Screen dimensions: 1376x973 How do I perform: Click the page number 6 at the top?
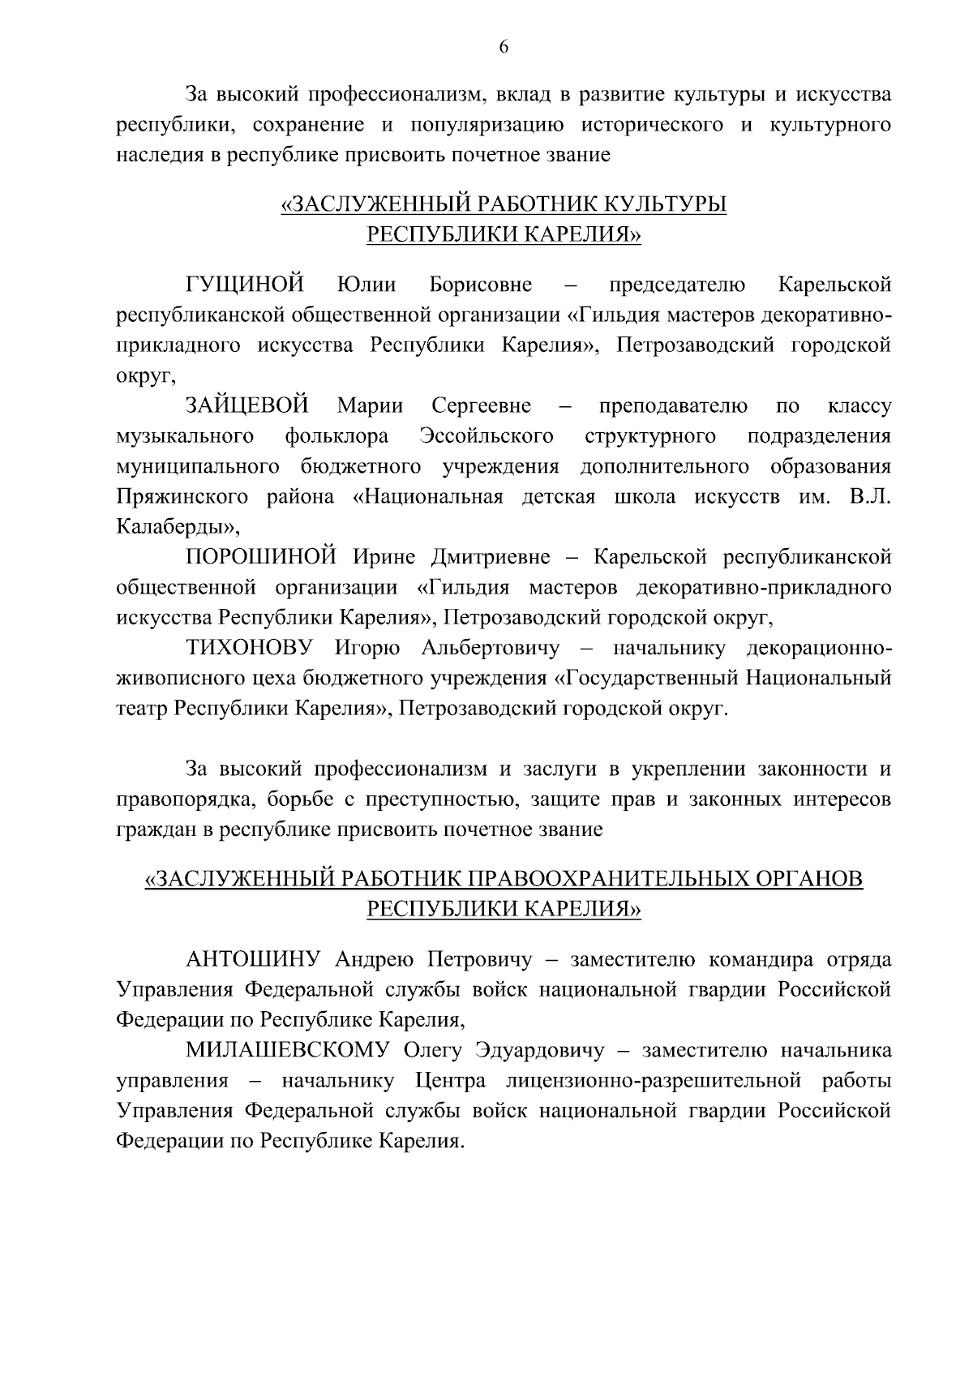[x=503, y=47]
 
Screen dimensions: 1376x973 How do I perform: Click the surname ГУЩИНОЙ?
[x=246, y=285]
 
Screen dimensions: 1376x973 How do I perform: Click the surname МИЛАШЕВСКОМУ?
[x=289, y=1051]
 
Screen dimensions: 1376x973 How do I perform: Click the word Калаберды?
[x=172, y=527]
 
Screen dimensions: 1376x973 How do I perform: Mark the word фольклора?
[x=336, y=436]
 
